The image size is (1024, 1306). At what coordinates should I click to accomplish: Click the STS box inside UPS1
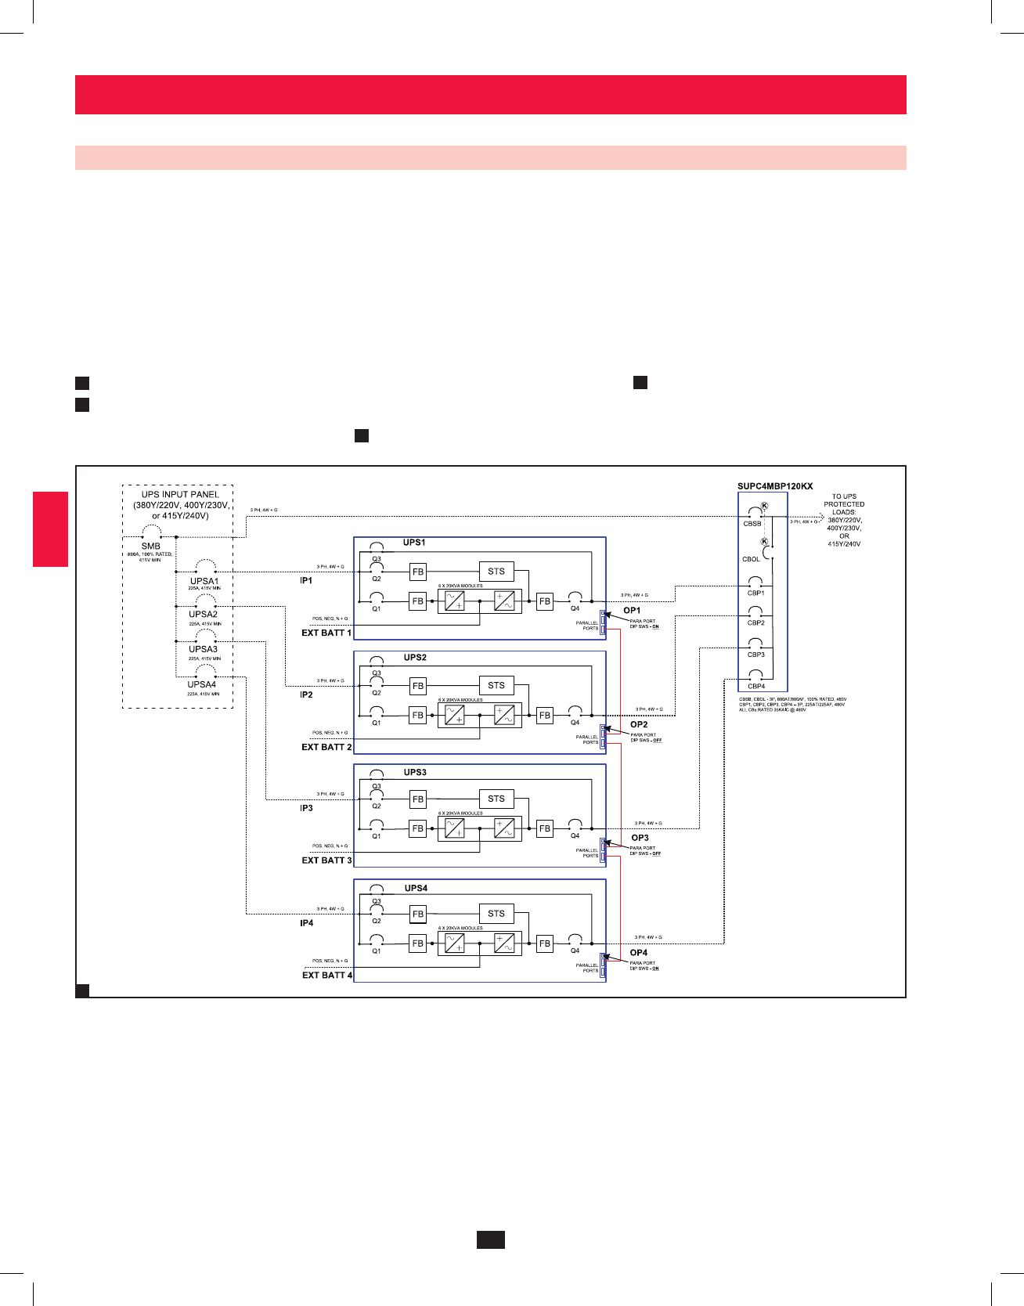pyautogui.click(x=496, y=572)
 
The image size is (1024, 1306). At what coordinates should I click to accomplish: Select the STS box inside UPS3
pyautogui.click(x=496, y=799)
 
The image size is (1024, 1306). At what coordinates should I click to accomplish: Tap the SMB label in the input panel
pyautogui.click(x=151, y=547)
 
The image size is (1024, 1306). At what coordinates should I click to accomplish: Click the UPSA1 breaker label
pyautogui.click(x=204, y=581)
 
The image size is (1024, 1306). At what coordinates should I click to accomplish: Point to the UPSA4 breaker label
pyautogui.click(x=202, y=684)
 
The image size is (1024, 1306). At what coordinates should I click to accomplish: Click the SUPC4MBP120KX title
pyautogui.click(x=775, y=486)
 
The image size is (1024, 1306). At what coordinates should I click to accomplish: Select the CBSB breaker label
pyautogui.click(x=752, y=524)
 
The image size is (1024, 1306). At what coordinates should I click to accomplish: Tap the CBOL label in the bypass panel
pyautogui.click(x=751, y=559)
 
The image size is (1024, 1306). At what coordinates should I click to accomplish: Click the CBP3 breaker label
pyautogui.click(x=755, y=655)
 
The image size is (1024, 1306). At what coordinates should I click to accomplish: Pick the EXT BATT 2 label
pyautogui.click(x=326, y=747)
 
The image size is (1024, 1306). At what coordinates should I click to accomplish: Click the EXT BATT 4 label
pyautogui.click(x=327, y=975)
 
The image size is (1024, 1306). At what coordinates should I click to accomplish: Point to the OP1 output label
pyautogui.click(x=632, y=610)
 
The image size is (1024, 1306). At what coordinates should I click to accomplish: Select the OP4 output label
pyautogui.click(x=639, y=953)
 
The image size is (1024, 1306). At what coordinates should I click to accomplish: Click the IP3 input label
pyautogui.click(x=306, y=808)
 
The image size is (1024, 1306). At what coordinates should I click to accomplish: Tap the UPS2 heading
pyautogui.click(x=415, y=658)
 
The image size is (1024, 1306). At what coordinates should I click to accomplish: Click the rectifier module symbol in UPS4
pyautogui.click(x=455, y=943)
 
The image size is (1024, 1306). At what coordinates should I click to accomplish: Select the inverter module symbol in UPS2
pyautogui.click(x=504, y=715)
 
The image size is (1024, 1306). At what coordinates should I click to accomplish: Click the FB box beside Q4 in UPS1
pyautogui.click(x=545, y=601)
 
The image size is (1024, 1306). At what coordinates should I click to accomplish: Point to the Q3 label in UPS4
pyautogui.click(x=377, y=900)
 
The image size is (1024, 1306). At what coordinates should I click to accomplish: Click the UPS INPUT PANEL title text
pyautogui.click(x=180, y=495)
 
